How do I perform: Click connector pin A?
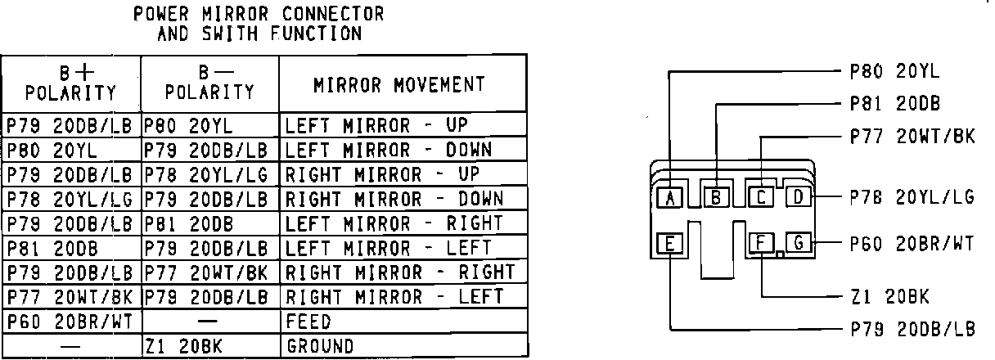(669, 197)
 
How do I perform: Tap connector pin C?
(761, 197)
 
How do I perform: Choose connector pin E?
(669, 242)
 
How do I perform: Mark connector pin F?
(761, 242)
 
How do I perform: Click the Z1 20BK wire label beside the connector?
(889, 296)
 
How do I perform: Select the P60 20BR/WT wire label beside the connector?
(912, 242)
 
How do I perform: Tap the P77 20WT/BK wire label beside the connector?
(912, 136)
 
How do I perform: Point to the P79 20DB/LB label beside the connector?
(912, 329)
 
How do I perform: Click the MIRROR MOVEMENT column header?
(399, 85)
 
